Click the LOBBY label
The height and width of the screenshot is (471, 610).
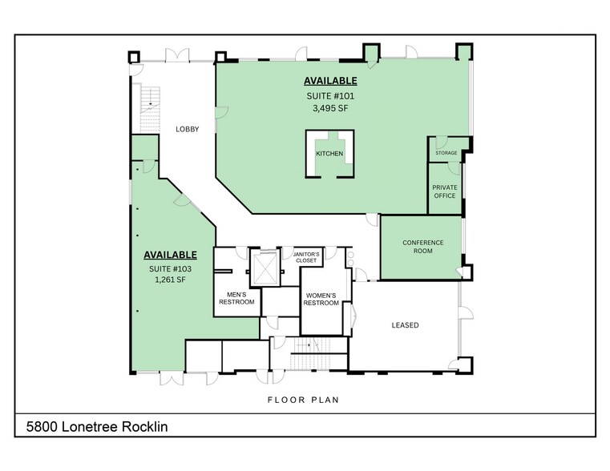point(187,129)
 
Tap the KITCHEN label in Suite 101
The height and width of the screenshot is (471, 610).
point(329,153)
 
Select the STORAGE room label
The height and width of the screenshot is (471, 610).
point(446,153)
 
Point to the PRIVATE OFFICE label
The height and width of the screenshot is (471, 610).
point(444,191)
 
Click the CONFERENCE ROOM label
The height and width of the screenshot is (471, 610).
point(422,247)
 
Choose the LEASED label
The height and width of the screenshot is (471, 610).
point(405,325)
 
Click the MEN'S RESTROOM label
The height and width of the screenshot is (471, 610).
point(236,297)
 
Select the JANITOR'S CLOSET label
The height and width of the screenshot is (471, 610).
point(307,257)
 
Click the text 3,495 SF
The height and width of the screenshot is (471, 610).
point(329,110)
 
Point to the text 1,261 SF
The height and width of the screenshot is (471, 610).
point(170,280)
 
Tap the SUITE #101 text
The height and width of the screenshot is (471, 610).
point(329,96)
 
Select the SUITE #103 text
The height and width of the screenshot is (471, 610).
point(170,268)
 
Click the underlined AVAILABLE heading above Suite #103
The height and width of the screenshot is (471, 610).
point(170,255)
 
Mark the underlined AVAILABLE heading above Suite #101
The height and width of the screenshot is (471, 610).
point(329,81)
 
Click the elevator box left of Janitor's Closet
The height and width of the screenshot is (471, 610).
point(263,266)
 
